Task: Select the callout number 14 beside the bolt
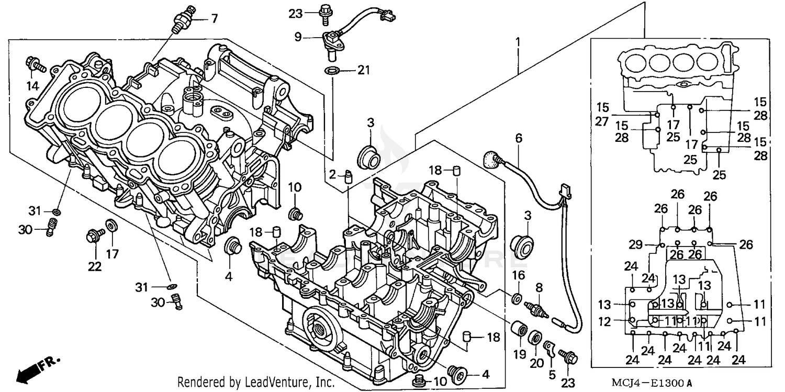click(33, 86)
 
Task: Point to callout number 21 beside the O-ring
click(363, 70)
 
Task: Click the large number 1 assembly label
click(518, 41)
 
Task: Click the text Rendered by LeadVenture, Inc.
click(256, 383)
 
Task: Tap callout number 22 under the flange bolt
click(94, 266)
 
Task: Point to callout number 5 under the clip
click(552, 374)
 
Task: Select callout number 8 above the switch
click(539, 287)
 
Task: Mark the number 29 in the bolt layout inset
click(635, 244)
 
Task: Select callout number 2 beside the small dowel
click(332, 174)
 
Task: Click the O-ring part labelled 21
click(331, 71)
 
